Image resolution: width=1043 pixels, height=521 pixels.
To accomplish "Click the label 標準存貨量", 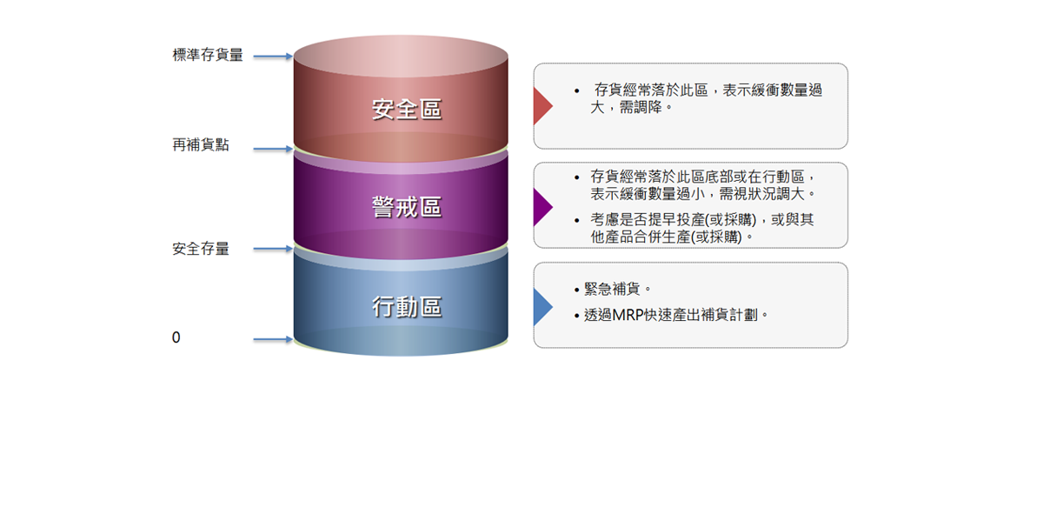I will pos(208,56).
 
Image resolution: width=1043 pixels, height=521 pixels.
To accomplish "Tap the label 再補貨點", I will pos(201,145).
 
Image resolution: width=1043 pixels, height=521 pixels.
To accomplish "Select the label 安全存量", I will pos(201,249).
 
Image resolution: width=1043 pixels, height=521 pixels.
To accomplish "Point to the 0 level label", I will pos(176,337).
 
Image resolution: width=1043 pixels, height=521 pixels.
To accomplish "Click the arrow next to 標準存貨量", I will pos(273,57).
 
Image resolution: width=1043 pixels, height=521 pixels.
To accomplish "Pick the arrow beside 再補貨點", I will pos(273,149).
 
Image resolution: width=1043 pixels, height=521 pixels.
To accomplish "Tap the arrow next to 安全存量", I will pos(273,250).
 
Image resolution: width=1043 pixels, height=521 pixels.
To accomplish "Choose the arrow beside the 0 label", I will pos(273,339).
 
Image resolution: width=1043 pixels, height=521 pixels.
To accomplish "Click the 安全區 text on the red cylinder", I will pos(407,110).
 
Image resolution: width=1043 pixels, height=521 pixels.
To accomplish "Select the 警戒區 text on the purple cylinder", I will pos(407,207).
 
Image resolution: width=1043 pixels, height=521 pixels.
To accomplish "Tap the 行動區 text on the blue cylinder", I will pos(407,307).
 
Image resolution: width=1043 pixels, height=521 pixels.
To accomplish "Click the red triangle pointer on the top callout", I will pos(541,106).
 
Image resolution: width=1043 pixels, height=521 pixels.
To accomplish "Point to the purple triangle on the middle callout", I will pos(541,207).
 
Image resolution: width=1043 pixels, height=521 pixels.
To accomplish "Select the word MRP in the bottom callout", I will pos(630,315).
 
